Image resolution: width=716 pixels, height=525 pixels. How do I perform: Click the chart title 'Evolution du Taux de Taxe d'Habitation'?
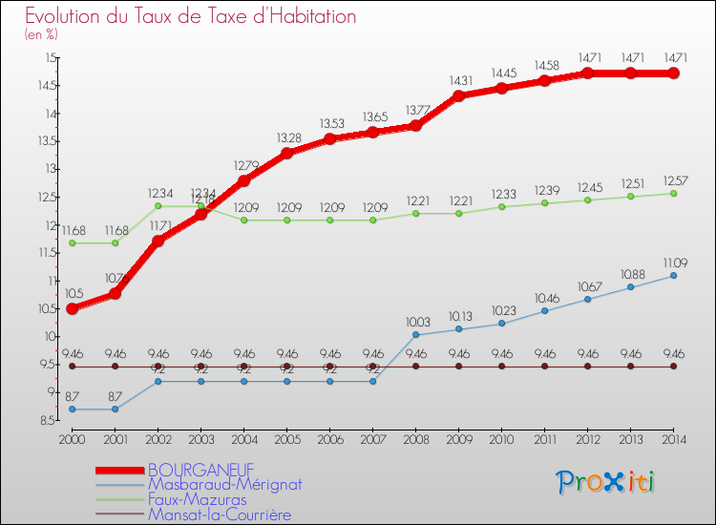191,16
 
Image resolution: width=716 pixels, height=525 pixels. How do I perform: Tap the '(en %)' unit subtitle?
41,34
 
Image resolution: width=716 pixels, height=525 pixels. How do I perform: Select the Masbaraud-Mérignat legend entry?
223,484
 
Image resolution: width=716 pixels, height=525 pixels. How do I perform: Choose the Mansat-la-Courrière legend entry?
219,514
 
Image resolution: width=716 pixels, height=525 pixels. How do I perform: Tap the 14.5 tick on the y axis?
44,86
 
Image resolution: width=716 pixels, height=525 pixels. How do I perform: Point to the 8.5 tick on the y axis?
44,420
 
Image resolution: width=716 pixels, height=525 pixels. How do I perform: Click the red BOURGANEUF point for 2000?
72,308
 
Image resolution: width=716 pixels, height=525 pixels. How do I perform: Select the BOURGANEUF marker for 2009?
458,95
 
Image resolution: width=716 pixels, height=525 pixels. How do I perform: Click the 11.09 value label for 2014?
673,262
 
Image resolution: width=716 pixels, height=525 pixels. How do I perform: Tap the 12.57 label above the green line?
673,180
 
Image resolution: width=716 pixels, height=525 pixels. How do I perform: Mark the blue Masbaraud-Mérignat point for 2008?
415,335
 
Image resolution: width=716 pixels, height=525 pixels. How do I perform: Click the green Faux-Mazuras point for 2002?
158,206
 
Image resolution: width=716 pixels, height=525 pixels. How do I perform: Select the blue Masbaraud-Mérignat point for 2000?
72,409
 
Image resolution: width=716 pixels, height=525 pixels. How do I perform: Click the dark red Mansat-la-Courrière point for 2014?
673,367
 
